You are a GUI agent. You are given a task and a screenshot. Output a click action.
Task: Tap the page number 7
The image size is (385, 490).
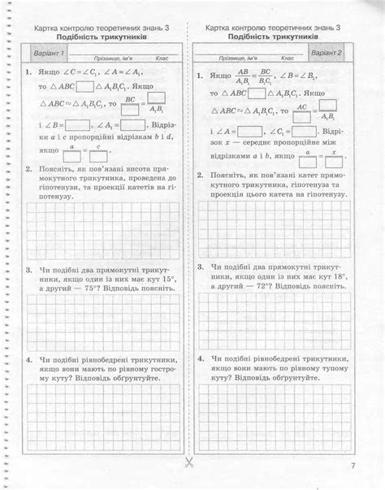[353, 466]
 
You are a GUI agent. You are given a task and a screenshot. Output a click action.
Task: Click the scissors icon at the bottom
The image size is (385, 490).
[188, 462]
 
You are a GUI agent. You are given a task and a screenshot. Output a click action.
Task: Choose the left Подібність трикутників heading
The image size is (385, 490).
[102, 37]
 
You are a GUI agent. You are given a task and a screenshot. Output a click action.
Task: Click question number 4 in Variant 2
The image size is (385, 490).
[200, 358]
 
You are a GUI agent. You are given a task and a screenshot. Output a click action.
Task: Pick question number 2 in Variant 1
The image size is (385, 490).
[28, 172]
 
